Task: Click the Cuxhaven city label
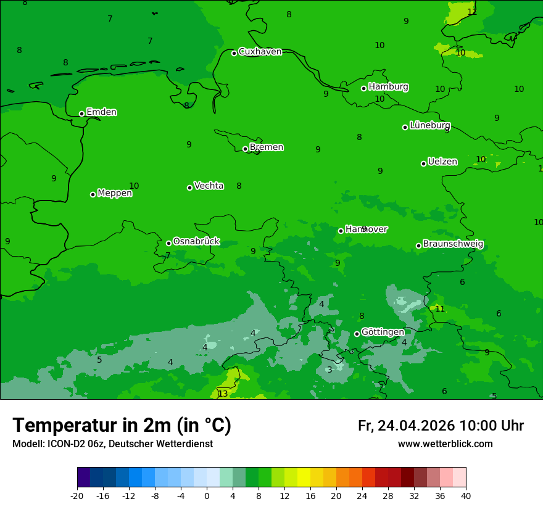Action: coord(260,52)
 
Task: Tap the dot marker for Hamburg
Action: coord(363,88)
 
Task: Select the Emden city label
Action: coord(101,112)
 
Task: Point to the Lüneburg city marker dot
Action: coord(405,127)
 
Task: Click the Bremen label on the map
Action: coord(267,147)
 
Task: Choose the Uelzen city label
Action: coord(442,162)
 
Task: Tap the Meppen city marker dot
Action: coord(93,194)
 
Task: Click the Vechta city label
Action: coord(209,186)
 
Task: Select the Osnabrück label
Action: coord(196,242)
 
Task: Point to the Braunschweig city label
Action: coord(453,244)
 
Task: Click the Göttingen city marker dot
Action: coord(357,334)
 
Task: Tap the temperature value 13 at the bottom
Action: coord(223,394)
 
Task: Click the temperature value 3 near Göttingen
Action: coord(330,370)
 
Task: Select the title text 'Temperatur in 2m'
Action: coord(93,426)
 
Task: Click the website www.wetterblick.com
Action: coord(445,444)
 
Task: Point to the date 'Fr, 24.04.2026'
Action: coord(406,426)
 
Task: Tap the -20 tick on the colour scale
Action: coord(77,495)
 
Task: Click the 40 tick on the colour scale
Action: coord(466,495)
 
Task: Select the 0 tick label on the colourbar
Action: coord(207,495)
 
